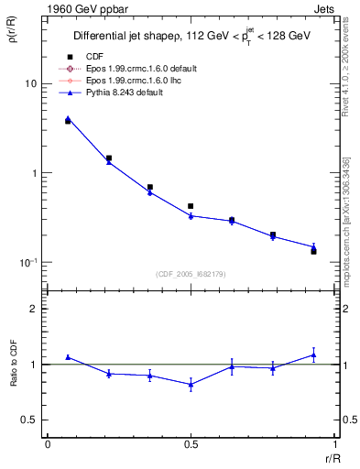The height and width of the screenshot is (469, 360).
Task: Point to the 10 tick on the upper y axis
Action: (29, 83)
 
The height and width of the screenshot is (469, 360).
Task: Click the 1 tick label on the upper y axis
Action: (33, 173)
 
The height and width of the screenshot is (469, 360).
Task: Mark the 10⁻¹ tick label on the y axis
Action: (27, 262)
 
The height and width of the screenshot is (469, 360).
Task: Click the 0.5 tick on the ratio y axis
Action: (29, 420)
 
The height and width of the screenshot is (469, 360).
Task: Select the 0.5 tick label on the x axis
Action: (191, 444)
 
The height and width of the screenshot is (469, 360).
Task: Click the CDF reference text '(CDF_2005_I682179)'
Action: (191, 274)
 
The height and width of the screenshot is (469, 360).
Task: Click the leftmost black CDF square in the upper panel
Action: (68, 121)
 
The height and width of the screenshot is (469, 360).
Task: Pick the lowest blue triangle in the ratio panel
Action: (191, 385)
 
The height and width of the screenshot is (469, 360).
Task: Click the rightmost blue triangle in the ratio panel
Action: (313, 354)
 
